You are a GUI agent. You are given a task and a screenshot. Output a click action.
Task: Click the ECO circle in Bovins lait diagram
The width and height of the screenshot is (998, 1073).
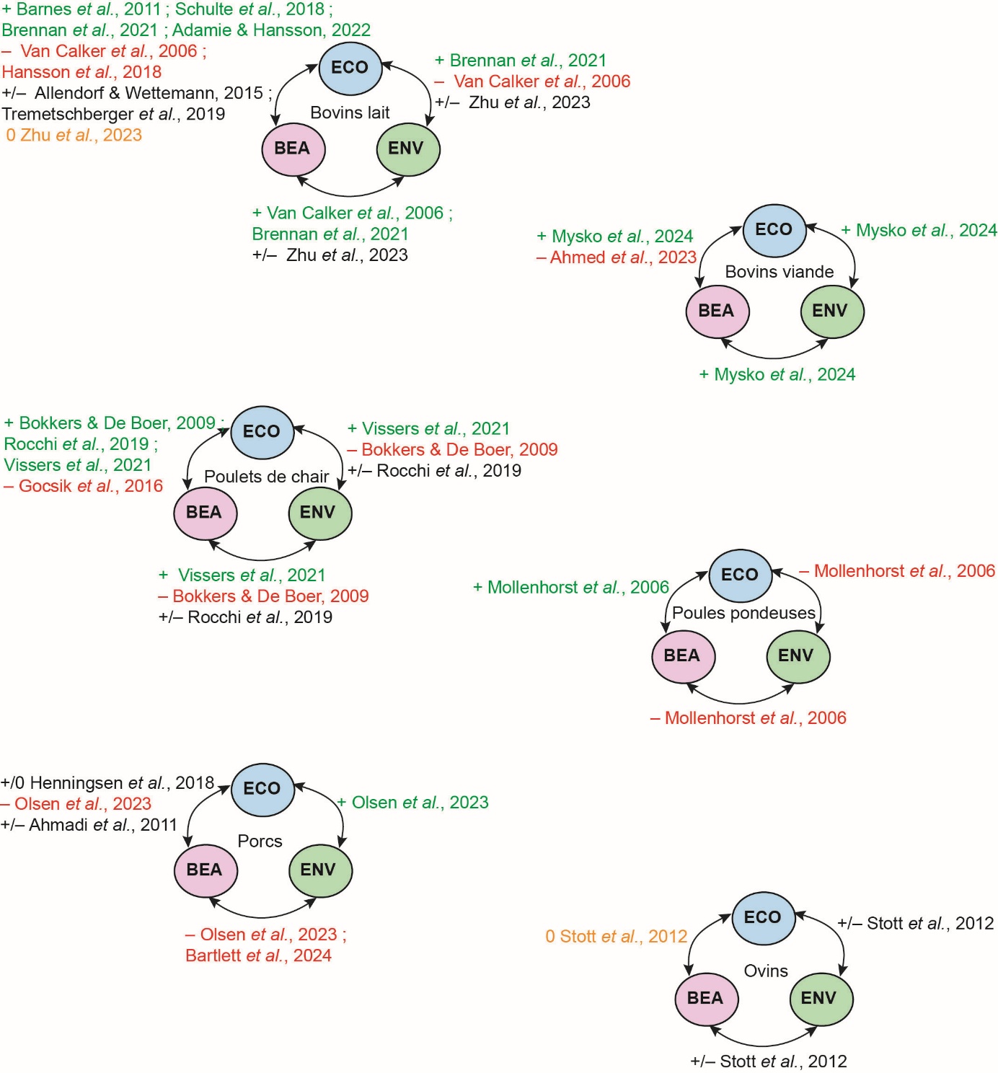[350, 68]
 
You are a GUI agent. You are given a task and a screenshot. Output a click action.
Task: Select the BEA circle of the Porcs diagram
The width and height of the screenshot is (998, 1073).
[205, 870]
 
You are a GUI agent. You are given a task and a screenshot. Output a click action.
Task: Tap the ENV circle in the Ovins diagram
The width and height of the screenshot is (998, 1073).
[820, 998]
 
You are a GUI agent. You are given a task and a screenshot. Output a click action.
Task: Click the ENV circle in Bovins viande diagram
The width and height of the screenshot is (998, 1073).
[831, 311]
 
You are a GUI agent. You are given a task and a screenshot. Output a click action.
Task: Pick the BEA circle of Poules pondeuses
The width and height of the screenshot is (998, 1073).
[682, 655]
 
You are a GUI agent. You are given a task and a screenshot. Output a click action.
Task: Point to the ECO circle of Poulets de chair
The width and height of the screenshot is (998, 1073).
[262, 432]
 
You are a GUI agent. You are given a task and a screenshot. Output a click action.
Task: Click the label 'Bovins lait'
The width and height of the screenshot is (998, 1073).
[350, 112]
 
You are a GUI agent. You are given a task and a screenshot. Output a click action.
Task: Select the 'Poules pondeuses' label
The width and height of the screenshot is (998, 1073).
[743, 613]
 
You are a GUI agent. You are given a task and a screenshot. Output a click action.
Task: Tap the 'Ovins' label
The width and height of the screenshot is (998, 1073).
[766, 971]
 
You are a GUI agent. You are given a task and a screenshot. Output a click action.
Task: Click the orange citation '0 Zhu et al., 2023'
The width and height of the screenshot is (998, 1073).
[74, 135]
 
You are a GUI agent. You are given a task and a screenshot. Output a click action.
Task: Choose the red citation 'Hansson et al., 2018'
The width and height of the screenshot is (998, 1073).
[81, 72]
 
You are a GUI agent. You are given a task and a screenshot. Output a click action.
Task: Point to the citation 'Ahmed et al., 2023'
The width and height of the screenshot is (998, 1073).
[617, 257]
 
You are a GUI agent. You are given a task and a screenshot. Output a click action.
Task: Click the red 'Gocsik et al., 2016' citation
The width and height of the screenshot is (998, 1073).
[84, 486]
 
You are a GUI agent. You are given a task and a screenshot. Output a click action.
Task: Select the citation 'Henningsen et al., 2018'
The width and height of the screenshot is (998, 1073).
[108, 783]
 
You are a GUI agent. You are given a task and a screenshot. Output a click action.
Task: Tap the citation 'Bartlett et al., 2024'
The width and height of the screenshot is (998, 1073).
[258, 955]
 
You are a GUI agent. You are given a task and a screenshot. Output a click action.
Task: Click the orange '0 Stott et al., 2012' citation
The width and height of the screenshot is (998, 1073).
[617, 937]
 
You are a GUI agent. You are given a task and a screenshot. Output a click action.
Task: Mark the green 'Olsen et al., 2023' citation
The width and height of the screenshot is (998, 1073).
[413, 803]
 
